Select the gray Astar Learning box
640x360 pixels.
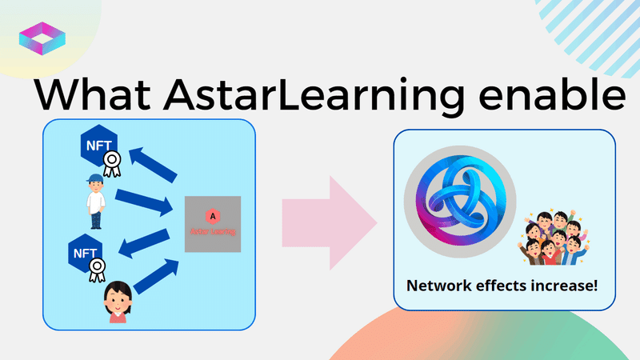(x=212, y=225)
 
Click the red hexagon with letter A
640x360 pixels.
(x=212, y=215)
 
